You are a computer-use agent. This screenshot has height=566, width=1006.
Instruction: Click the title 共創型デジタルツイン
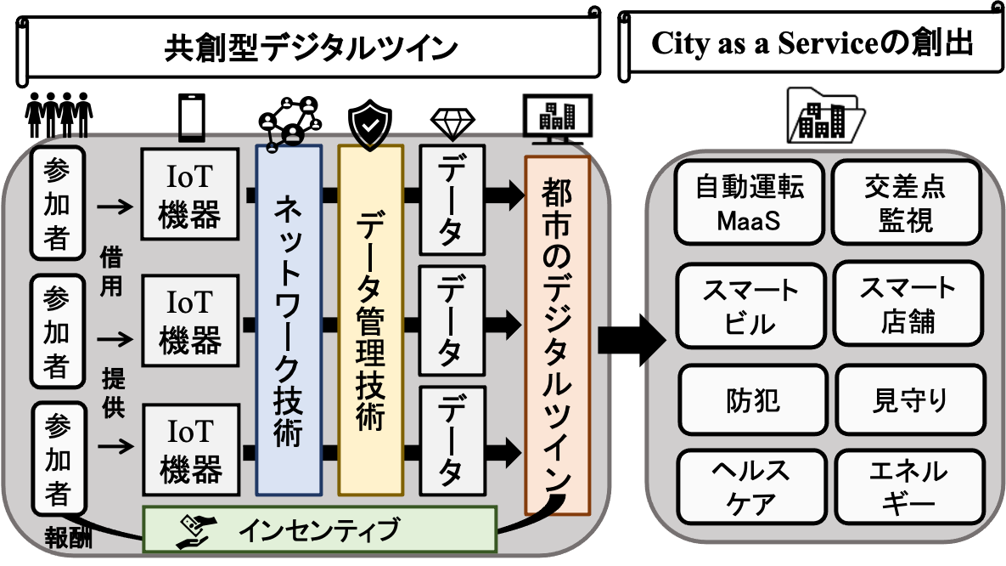[311, 47]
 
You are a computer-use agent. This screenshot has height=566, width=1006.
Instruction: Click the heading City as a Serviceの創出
[810, 45]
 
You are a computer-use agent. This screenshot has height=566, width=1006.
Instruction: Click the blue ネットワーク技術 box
[289, 320]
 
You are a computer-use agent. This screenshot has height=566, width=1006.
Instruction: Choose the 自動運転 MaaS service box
[748, 202]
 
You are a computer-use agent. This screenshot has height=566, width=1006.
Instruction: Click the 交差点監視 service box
[905, 202]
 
